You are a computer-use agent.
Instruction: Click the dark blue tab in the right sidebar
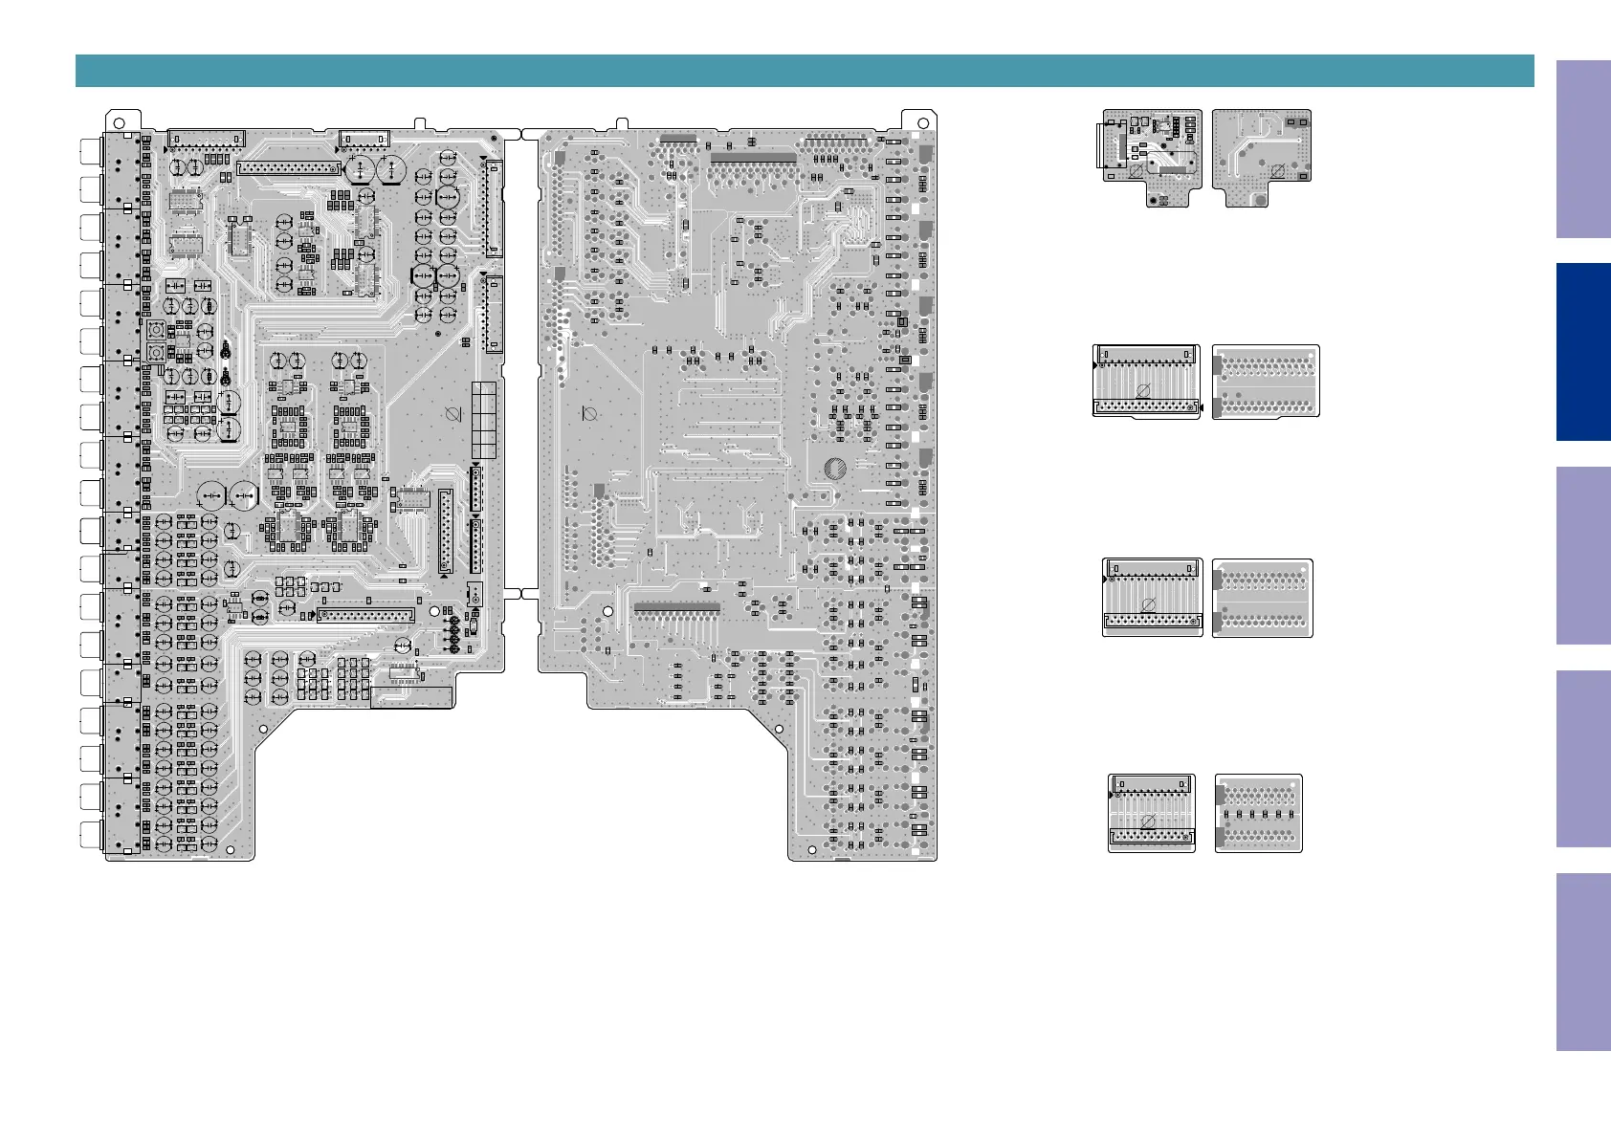[1582, 352]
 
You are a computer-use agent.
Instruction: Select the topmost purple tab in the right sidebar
[1582, 149]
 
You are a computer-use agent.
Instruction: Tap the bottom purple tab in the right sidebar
[1582, 962]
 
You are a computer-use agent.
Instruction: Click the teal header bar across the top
[804, 71]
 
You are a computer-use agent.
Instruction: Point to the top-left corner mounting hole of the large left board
[119, 122]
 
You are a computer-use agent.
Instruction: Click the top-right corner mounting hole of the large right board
[923, 122]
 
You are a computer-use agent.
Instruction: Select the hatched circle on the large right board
[834, 469]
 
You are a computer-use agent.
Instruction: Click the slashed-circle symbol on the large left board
[454, 415]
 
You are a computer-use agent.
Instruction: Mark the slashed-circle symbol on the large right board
[589, 414]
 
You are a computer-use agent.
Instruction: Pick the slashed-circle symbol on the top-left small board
[1135, 171]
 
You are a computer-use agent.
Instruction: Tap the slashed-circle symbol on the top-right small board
[1276, 171]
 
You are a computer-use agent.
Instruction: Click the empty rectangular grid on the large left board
[484, 420]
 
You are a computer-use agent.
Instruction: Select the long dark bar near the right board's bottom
[676, 607]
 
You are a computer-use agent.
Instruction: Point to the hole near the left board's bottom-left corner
[231, 850]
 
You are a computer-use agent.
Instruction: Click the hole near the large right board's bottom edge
[812, 849]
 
